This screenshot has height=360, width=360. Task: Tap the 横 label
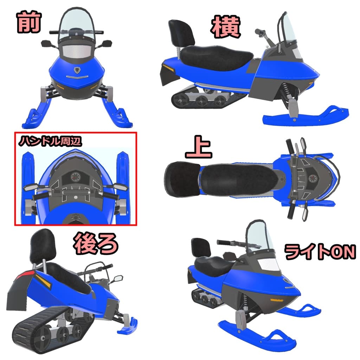pos(226,28)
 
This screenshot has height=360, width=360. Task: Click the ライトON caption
pos(320,252)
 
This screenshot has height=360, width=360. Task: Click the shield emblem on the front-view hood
pos(77,70)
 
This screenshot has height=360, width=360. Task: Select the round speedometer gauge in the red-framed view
pos(75,176)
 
